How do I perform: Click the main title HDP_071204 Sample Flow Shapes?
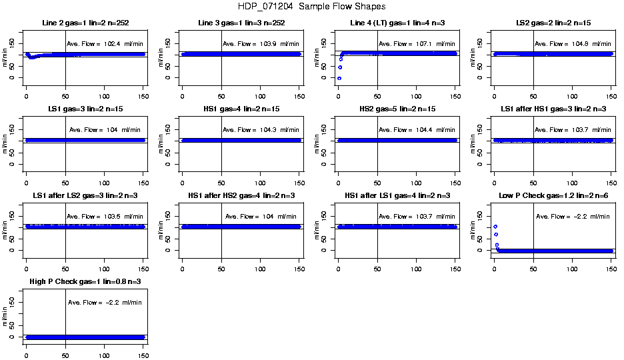311,7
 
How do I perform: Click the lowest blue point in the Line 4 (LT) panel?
339,78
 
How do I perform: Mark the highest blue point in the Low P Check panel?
495,227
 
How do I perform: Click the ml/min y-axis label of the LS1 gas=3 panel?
6,141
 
